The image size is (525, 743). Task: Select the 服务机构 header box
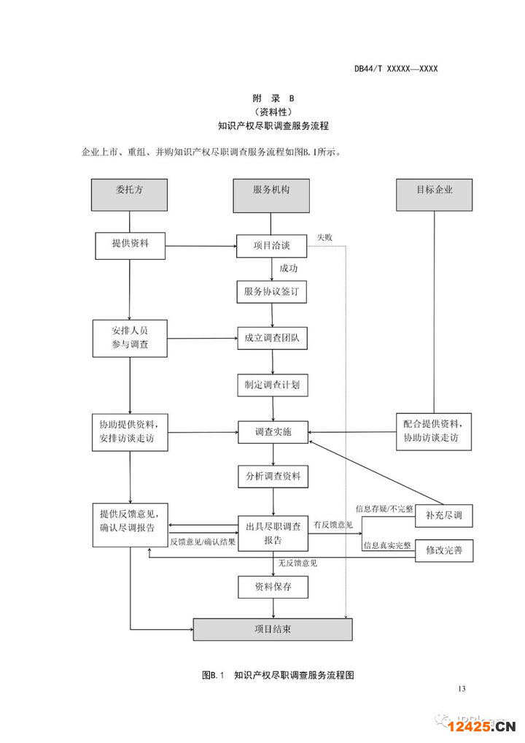click(x=271, y=193)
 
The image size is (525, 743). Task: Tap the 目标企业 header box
click(x=435, y=193)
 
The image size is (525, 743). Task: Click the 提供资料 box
click(x=130, y=245)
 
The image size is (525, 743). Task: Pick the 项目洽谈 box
click(x=271, y=246)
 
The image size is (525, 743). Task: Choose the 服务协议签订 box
click(x=271, y=292)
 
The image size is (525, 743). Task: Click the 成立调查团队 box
click(x=271, y=337)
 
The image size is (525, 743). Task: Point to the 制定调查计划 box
click(x=271, y=384)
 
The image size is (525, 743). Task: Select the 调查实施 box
click(x=271, y=432)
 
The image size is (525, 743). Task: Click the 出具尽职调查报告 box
click(x=272, y=534)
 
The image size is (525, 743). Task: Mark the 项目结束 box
click(x=272, y=629)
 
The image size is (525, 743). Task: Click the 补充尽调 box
click(x=443, y=516)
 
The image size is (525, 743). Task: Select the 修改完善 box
click(x=443, y=550)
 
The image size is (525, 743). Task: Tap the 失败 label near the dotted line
click(x=324, y=237)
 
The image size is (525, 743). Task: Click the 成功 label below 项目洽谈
click(x=288, y=269)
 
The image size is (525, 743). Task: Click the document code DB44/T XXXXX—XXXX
click(x=396, y=69)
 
